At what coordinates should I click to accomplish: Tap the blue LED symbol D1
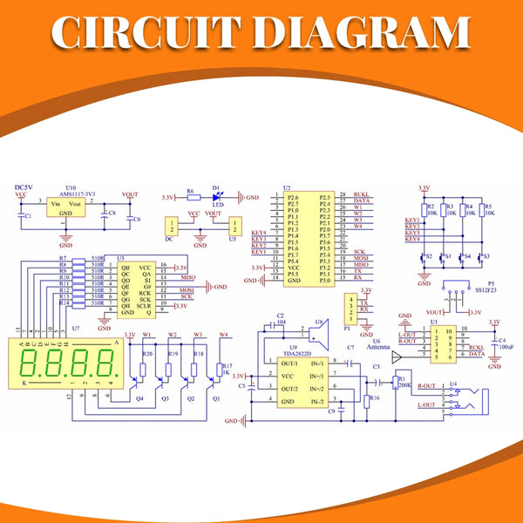tap(217, 197)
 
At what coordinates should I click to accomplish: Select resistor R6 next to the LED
tap(191, 197)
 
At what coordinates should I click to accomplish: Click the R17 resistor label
tap(228, 366)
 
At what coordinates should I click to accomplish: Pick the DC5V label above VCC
tap(24, 187)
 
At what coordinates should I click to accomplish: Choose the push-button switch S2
tap(425, 259)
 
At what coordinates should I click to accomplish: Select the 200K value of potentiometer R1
tap(405, 384)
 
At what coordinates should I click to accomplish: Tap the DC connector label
tap(171, 238)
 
